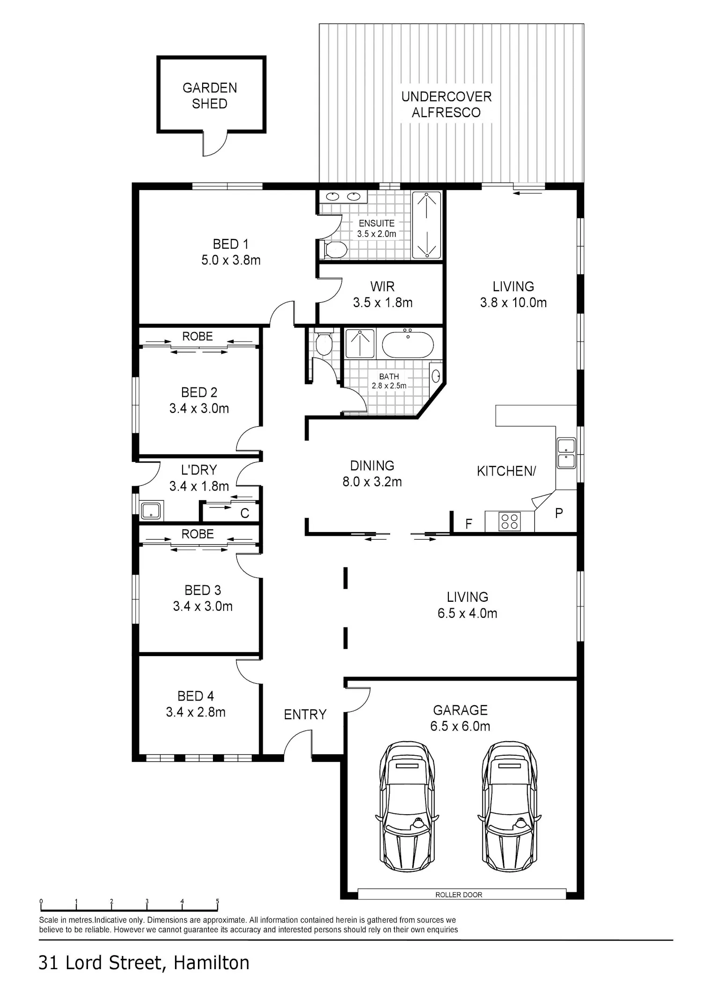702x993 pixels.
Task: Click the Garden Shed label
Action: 210,95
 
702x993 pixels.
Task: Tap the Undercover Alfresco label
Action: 446,104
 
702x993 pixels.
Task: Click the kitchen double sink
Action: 566,453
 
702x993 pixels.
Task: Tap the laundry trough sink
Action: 151,511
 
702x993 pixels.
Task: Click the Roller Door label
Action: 459,895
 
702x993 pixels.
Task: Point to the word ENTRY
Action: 305,715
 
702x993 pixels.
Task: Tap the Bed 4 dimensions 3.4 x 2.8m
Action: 196,712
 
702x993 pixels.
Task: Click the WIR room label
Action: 382,286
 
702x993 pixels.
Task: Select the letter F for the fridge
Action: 468,524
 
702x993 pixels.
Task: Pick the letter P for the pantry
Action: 559,513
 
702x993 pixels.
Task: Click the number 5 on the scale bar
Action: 217,901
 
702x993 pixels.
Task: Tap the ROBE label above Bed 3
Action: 197,534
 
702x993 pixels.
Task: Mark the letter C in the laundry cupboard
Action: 244,514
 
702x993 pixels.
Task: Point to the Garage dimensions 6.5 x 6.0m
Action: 461,726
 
